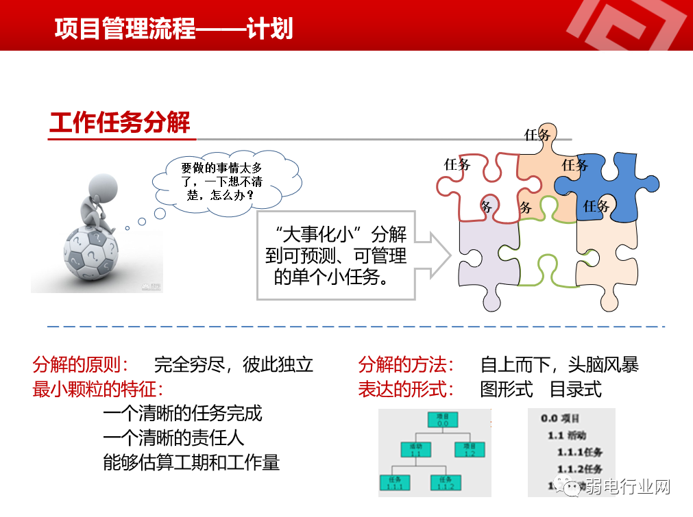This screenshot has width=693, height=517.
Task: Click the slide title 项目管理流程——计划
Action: [173, 29]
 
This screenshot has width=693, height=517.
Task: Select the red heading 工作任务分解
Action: [119, 123]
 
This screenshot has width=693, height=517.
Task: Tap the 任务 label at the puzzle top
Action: [537, 135]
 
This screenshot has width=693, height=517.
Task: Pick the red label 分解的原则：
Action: [80, 364]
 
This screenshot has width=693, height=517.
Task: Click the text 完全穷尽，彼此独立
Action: [234, 364]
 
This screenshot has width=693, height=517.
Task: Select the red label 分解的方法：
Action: [406, 364]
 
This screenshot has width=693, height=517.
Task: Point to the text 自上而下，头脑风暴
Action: [559, 364]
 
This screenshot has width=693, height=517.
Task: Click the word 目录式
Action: [576, 390]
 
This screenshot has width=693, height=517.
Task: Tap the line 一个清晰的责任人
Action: [173, 438]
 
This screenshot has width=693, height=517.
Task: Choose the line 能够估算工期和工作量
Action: [191, 462]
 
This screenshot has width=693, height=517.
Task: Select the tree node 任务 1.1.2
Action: [446, 482]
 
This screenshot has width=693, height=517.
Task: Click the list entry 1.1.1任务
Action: [579, 452]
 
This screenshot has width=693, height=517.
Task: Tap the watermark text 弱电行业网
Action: [627, 487]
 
